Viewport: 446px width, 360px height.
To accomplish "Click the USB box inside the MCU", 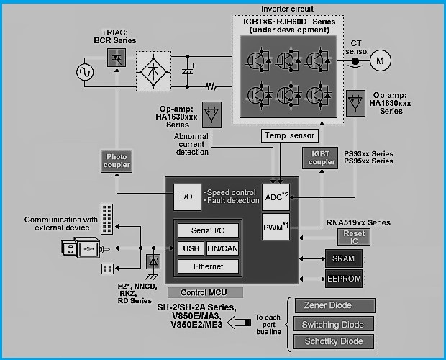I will (191, 248).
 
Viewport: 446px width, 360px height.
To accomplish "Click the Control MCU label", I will (205, 292).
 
